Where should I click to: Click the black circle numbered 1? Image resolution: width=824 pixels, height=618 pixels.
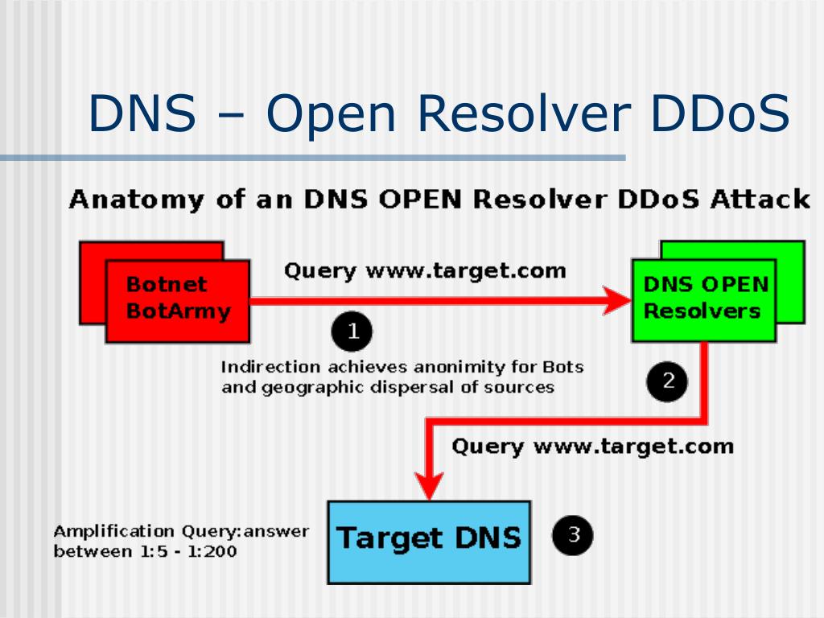[351, 331]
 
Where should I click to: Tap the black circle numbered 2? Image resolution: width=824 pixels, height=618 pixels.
[667, 380]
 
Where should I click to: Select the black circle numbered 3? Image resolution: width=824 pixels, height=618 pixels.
[572, 536]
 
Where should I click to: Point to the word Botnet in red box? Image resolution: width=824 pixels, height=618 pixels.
[167, 284]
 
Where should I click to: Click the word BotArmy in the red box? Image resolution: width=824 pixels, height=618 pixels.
[178, 311]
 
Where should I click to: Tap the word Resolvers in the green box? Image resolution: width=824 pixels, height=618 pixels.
[702, 311]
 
